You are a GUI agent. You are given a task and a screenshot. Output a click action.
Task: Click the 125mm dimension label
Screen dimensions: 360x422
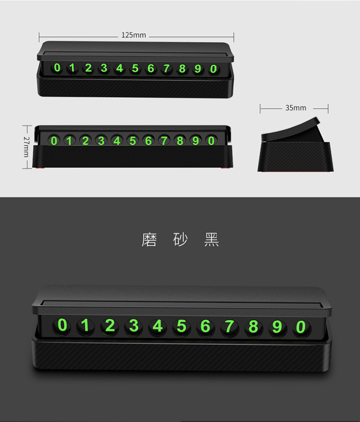[134, 35]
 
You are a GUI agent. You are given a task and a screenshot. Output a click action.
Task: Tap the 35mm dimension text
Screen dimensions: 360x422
[296, 108]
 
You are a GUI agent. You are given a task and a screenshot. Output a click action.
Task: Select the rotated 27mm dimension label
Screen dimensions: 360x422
[26, 147]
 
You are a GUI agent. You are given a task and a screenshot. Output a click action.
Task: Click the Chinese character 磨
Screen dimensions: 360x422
[149, 240]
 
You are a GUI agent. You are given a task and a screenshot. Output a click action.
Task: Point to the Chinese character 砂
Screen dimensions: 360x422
[180, 240]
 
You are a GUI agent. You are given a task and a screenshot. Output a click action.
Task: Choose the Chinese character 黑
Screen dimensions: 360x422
[211, 240]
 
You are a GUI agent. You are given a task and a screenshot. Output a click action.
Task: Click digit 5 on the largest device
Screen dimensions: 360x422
[181, 326]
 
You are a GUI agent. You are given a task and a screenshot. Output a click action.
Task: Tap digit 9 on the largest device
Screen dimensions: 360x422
[277, 327]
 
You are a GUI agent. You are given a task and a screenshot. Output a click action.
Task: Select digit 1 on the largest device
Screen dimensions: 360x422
[85, 325]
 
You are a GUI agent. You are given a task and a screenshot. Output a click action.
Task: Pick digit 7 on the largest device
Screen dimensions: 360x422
[229, 327]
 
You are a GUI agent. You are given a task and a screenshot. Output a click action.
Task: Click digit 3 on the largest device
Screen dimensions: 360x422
[134, 326]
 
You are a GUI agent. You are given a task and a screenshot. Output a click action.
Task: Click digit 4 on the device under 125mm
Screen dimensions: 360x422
[119, 68]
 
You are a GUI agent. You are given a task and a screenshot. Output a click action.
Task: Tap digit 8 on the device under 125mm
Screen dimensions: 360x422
[182, 68]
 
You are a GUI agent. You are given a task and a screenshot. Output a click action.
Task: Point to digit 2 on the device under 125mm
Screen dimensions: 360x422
[88, 68]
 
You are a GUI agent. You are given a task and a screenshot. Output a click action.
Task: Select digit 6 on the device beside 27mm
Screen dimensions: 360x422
[148, 141]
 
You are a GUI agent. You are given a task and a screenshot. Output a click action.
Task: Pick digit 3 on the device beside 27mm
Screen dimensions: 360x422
[101, 141]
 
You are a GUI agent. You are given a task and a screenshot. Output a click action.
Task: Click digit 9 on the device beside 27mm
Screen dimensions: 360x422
[195, 141]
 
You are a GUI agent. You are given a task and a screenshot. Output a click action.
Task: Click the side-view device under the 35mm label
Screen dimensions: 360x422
[296, 145]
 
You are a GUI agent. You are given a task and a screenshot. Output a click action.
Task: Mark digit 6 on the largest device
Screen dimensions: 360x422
[205, 327]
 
